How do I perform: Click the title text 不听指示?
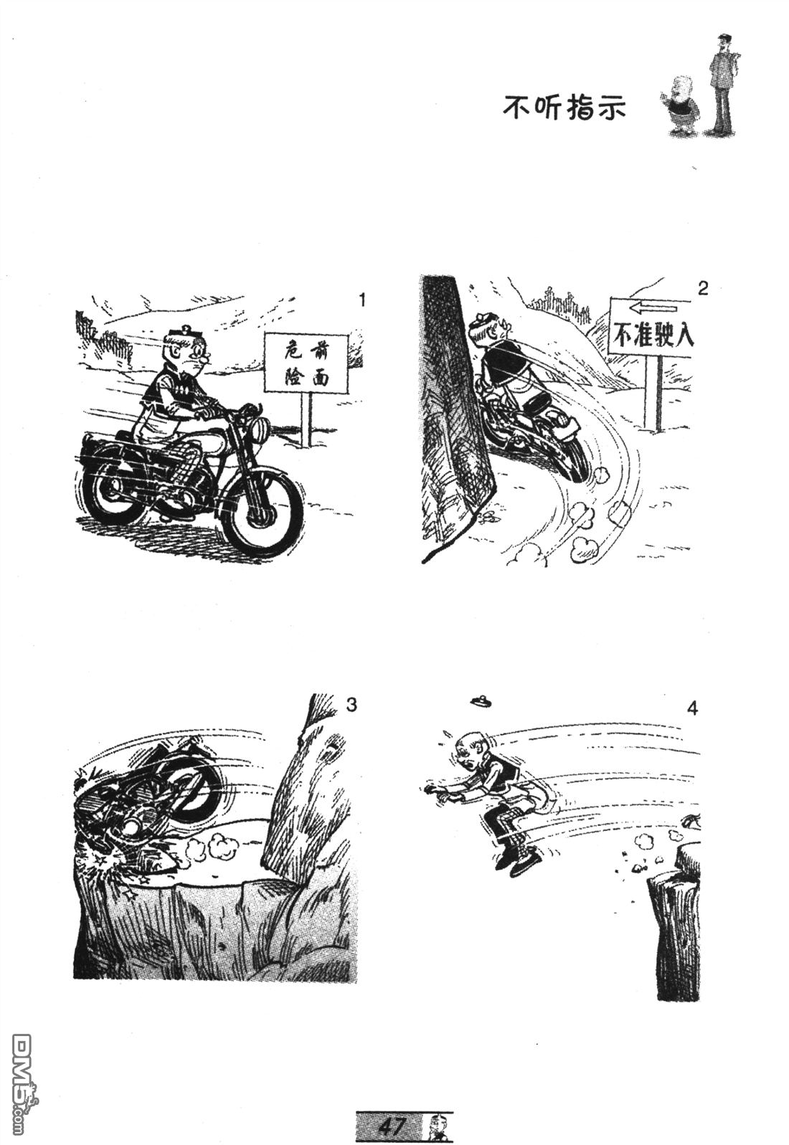pos(564,107)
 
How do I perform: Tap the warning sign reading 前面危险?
pos(306,362)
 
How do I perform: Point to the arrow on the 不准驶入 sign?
pos(653,308)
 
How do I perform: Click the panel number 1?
pos(362,300)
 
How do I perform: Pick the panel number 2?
pos(703,290)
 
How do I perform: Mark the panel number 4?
pos(692,709)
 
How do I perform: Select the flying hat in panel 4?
pos(481,700)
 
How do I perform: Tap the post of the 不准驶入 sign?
pos(653,393)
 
